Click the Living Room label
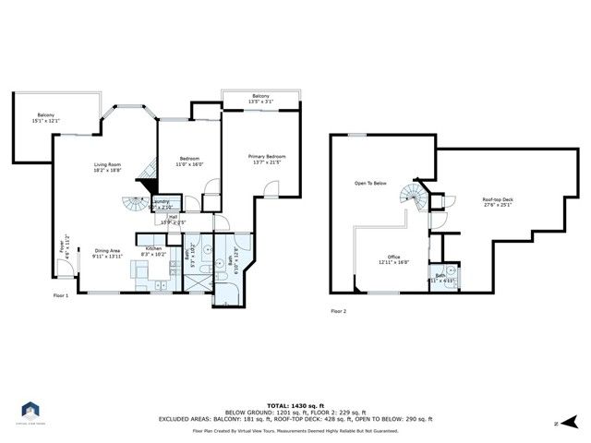(108, 167)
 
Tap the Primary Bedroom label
(267, 160)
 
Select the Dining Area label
(108, 253)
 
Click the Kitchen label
(152, 250)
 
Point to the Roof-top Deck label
(498, 202)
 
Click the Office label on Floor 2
(393, 259)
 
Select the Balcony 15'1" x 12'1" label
(46, 117)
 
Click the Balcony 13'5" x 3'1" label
(260, 100)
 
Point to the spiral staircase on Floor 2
(410, 196)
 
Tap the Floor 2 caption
(339, 311)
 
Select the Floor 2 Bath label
(440, 277)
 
